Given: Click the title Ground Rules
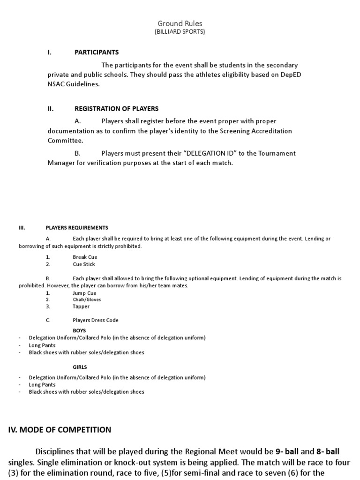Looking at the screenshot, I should [180, 23].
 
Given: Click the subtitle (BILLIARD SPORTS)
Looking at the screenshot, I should [180, 32].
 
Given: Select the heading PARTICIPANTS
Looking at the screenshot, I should [97, 52].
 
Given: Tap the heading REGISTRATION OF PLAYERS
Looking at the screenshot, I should [116, 109].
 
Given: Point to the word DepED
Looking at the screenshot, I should [287, 75].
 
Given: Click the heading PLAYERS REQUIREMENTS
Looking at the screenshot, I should [77, 228].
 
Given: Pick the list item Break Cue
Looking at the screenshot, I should [85, 257].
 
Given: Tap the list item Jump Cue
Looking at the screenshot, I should [84, 293].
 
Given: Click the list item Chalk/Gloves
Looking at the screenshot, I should [87, 300].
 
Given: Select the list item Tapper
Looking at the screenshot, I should [81, 307].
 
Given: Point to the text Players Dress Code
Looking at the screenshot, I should [96, 321].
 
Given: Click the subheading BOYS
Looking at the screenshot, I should [79, 330].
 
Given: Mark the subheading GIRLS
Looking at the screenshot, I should [80, 367].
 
